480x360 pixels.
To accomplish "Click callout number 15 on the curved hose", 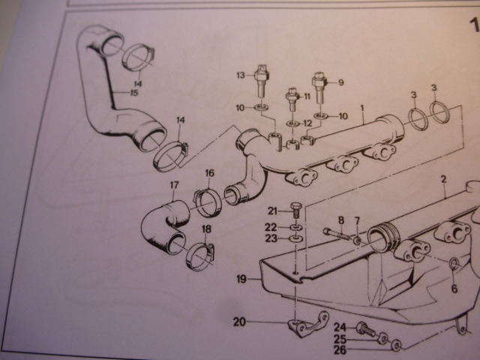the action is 134,93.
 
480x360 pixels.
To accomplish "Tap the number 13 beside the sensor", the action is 241,75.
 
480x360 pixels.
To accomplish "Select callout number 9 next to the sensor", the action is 340,82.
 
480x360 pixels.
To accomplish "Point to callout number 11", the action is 307,97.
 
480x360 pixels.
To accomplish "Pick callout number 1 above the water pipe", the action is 362,108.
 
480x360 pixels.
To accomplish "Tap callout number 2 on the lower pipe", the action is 443,179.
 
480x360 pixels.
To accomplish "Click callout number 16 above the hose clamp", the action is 209,173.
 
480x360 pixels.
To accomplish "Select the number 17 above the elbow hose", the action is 175,185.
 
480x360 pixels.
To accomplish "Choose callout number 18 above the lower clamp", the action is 206,229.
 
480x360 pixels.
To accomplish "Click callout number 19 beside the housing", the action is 241,279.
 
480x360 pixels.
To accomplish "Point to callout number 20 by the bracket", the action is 239,322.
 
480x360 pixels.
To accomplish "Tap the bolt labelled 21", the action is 295,209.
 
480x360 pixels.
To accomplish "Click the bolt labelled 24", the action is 365,330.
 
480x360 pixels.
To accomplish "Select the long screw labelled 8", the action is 337,233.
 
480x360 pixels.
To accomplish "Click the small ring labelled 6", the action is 454,262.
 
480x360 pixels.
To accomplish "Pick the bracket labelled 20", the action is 307,325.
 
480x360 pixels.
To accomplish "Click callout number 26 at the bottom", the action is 340,349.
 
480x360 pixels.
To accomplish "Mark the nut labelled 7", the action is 357,241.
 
